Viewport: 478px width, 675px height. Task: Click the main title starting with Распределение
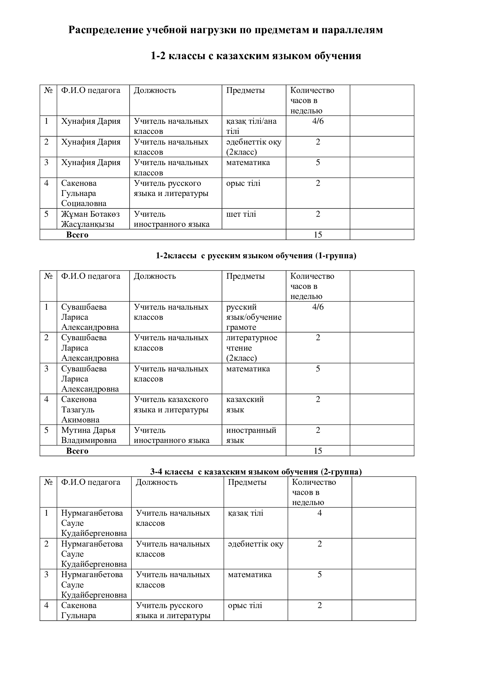click(x=225, y=30)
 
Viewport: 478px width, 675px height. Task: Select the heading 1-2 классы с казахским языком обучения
click(x=256, y=56)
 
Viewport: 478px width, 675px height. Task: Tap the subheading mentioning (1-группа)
click(x=256, y=256)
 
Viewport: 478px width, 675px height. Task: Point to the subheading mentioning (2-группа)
click(x=256, y=472)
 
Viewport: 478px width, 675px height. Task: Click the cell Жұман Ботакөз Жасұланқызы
click(x=90, y=219)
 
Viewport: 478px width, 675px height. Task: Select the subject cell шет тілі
click(x=241, y=214)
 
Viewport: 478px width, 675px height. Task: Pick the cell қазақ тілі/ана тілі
click(x=251, y=126)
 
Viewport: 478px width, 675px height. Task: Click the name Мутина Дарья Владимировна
click(x=89, y=435)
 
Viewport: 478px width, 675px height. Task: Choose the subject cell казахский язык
click(x=245, y=404)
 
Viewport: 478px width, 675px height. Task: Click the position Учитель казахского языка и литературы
click(x=171, y=404)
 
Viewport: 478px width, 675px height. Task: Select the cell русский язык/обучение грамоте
click(x=254, y=317)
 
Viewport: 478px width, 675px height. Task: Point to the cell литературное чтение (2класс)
click(x=252, y=348)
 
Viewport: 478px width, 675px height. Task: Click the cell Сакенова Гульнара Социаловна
click(x=84, y=193)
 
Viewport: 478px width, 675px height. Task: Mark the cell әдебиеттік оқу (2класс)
click(x=254, y=147)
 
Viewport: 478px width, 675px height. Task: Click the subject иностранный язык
click(x=251, y=435)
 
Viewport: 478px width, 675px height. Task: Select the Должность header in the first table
click(x=155, y=90)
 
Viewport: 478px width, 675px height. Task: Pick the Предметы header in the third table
click(x=247, y=482)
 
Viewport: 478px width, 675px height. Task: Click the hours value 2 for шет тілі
click(x=318, y=214)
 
